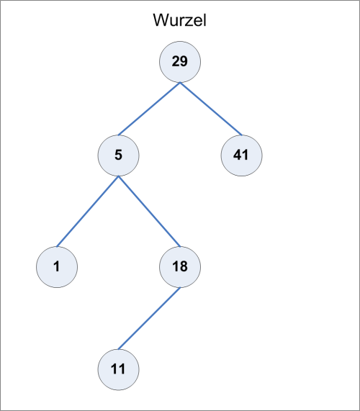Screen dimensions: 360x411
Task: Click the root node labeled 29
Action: click(180, 62)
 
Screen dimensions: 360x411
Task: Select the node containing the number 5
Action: click(119, 155)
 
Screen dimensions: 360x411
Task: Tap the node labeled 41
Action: click(241, 155)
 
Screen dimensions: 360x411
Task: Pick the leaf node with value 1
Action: click(57, 267)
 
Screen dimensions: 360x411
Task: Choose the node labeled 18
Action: click(180, 267)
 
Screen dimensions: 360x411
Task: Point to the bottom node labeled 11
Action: click(119, 369)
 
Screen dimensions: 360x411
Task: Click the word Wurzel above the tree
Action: click(180, 20)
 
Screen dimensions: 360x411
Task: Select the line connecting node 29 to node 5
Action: click(149, 109)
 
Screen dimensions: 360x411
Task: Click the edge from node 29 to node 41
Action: click(211, 109)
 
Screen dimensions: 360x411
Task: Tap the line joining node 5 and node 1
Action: click(88, 212)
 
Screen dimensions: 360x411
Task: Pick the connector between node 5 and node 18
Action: click(150, 212)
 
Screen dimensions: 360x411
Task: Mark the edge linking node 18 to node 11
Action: click(149, 318)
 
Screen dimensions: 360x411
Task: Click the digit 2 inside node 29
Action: click(176, 61)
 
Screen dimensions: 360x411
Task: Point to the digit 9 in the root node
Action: click(184, 61)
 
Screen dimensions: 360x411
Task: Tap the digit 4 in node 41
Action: click(237, 155)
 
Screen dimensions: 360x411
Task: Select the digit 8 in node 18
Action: click(184, 266)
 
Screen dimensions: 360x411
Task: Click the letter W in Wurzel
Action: click(161, 20)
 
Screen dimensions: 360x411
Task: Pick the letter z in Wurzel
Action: click(188, 22)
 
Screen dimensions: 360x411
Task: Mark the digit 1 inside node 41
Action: click(245, 155)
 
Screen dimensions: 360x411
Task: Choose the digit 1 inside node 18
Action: click(176, 266)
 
